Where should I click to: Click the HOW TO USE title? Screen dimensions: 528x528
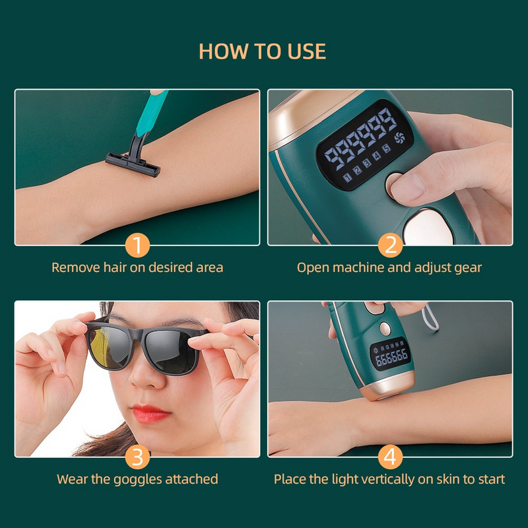pyautogui.click(x=263, y=51)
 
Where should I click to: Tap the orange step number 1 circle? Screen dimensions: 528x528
pyautogui.click(x=137, y=246)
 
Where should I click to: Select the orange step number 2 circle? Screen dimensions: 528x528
pyautogui.click(x=390, y=246)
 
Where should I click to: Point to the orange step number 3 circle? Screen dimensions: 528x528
pyautogui.click(x=137, y=457)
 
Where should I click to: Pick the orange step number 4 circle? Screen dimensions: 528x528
pyautogui.click(x=390, y=457)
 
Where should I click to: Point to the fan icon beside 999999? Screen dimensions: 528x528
pyautogui.click(x=399, y=139)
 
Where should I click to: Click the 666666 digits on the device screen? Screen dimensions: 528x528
pyautogui.click(x=391, y=357)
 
